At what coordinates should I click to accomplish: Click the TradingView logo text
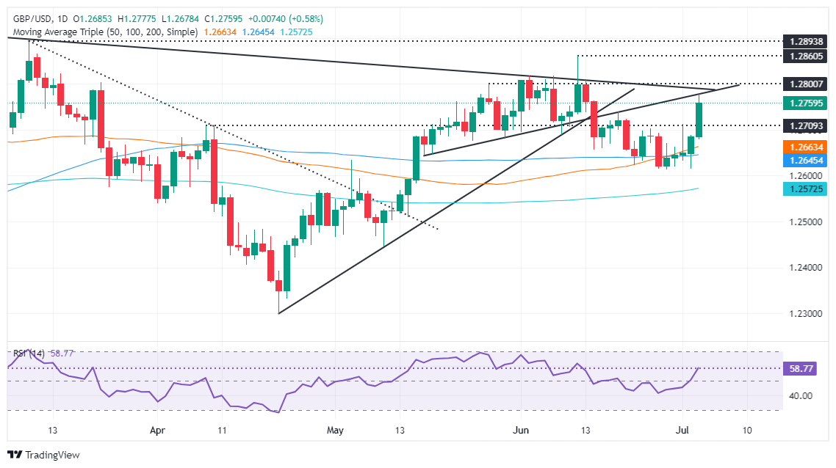[52, 455]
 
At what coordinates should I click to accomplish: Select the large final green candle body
[699, 120]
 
